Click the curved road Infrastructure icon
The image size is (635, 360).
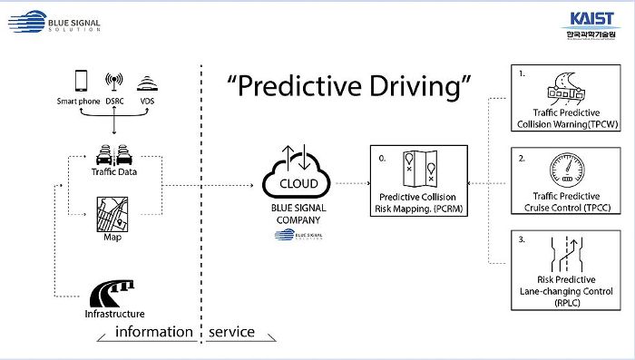tap(113, 293)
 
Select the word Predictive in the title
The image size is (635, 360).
tap(290, 87)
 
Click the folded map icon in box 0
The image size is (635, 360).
tap(418, 170)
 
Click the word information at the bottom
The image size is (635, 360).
tap(153, 332)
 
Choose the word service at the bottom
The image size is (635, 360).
tap(231, 332)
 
